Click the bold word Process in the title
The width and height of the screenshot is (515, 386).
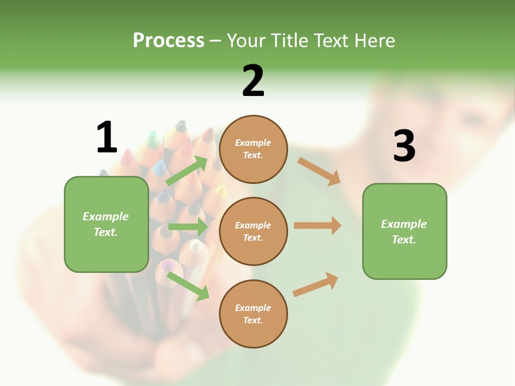[168, 41]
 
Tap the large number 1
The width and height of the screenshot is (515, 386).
[107, 137]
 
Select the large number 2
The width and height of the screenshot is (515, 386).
[253, 81]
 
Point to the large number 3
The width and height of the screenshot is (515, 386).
[404, 146]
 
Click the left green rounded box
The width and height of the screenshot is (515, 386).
[106, 224]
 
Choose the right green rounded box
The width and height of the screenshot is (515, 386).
[404, 232]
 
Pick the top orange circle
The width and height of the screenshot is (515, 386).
[253, 149]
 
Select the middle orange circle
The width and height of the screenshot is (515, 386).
[253, 232]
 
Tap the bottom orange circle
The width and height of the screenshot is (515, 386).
[253, 314]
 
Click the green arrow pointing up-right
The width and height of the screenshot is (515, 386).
[187, 171]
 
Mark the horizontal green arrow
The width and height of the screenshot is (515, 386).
[188, 227]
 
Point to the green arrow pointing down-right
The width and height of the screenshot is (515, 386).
[188, 286]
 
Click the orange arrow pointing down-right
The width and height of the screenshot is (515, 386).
[319, 171]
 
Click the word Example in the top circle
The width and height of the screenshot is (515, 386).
[253, 143]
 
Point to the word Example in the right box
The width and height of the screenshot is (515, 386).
[404, 224]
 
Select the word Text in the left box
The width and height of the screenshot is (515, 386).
[105, 232]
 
